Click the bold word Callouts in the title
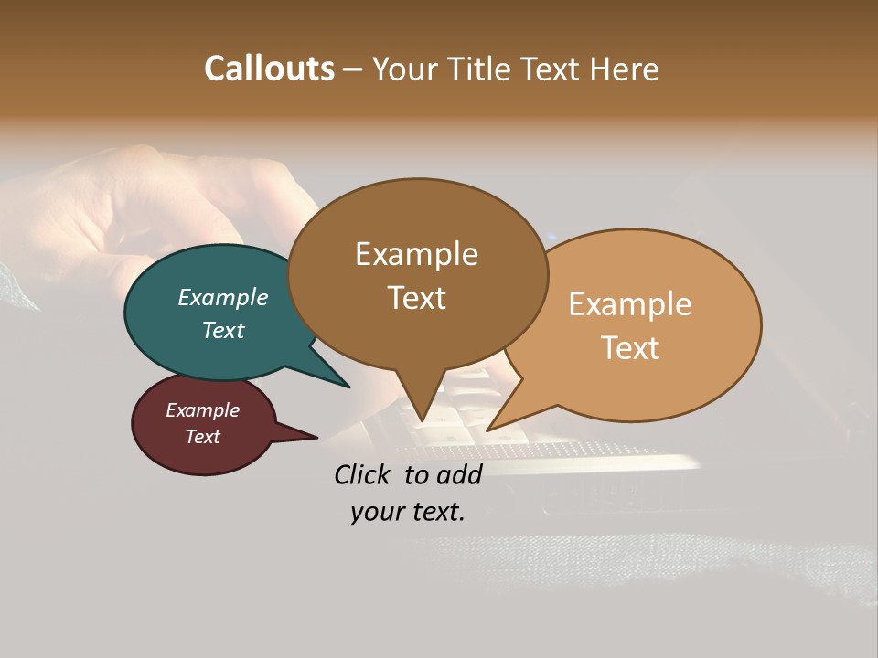pos(269,69)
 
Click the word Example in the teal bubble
pos(223,297)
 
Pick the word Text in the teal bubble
pos(223,330)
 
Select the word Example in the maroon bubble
pos(203,410)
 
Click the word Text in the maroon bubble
pos(203,437)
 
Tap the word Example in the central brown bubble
pos(417,254)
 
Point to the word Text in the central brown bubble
pos(417,298)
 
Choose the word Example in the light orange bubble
pos(630,304)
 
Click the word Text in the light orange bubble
pos(630,348)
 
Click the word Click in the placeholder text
pos(364,474)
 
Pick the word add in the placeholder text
pos(460,474)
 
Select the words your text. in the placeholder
pos(408,512)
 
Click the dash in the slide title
pos(353,69)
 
